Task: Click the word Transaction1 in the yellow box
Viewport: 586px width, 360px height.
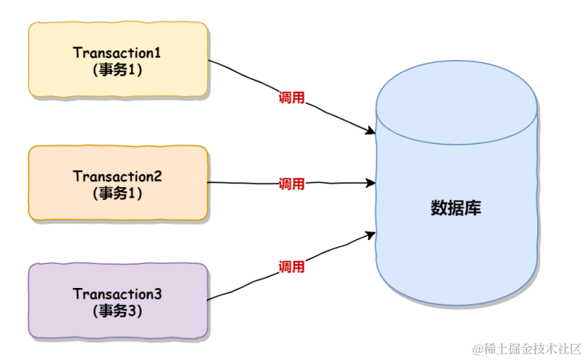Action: [x=118, y=53]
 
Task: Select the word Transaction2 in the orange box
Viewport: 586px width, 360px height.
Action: [x=118, y=176]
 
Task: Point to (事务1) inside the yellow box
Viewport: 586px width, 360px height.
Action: [x=118, y=70]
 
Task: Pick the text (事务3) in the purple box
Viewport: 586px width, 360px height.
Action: [x=118, y=311]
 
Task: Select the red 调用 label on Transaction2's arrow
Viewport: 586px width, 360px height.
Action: [x=291, y=184]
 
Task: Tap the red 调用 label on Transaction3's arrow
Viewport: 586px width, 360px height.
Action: [x=291, y=266]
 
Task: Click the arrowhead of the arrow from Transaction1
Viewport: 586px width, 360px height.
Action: [x=371, y=131]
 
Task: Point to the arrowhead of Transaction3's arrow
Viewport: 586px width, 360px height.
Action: [x=371, y=234]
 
